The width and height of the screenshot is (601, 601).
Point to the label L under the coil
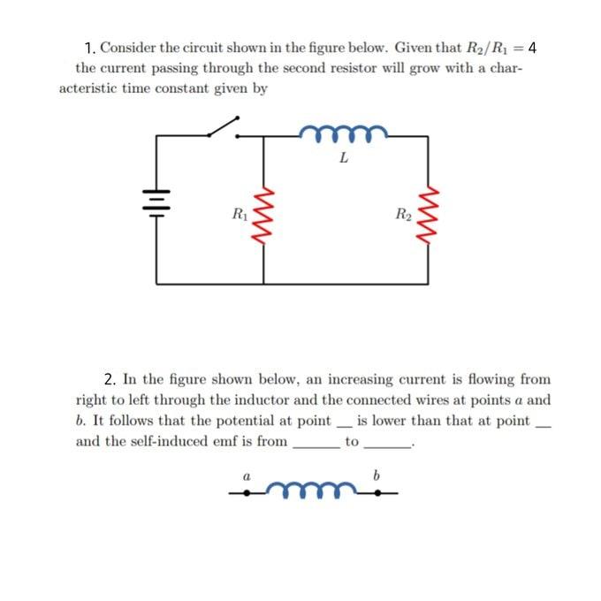[344, 160]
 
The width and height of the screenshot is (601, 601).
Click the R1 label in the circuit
[239, 212]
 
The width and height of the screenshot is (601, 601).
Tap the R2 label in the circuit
[403, 212]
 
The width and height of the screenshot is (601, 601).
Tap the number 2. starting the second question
[111, 379]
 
